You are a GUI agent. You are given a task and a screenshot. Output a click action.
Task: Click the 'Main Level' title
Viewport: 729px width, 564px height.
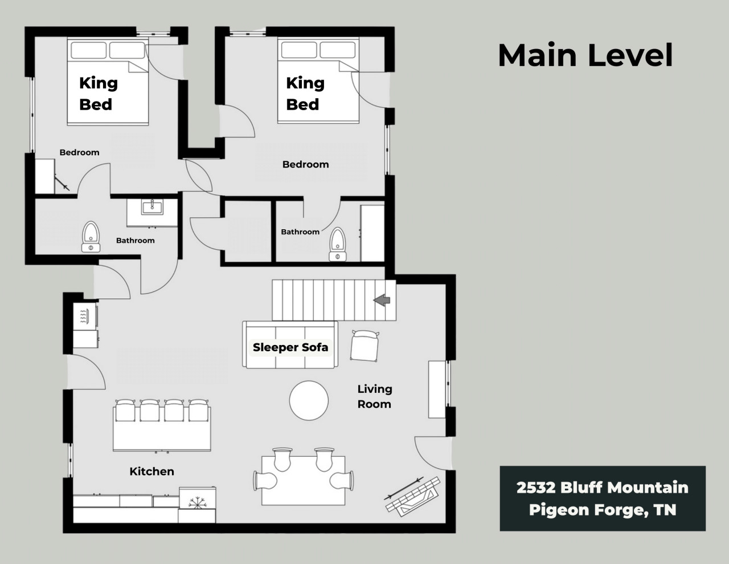pyautogui.click(x=585, y=55)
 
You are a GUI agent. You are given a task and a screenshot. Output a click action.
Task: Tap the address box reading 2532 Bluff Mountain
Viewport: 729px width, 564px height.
pyautogui.click(x=603, y=498)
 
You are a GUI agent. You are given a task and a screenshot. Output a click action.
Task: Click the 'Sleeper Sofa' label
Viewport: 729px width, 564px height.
pyautogui.click(x=290, y=347)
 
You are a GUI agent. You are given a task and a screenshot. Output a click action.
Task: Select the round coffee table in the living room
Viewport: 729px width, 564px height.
pyautogui.click(x=309, y=400)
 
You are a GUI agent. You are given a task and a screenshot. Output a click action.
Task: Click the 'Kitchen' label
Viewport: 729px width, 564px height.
pyautogui.click(x=151, y=471)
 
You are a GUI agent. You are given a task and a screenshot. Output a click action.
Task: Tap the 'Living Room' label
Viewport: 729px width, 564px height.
pyautogui.click(x=374, y=396)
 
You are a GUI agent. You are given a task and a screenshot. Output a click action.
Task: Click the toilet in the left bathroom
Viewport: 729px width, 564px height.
pyautogui.click(x=91, y=237)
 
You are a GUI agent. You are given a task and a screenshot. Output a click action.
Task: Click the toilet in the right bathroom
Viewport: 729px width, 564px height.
pyautogui.click(x=338, y=244)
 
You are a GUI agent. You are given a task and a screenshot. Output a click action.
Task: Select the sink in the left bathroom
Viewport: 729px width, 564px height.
pyautogui.click(x=152, y=206)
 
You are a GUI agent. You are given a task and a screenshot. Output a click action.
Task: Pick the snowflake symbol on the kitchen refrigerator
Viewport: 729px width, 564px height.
pyautogui.click(x=197, y=503)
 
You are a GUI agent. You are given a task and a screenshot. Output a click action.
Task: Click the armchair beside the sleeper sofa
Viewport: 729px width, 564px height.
pyautogui.click(x=364, y=346)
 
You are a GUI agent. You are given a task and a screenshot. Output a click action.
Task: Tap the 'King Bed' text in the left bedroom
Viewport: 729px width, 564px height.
pyautogui.click(x=99, y=94)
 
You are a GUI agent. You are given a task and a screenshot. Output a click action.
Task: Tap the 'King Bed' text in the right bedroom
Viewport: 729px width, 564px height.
pyautogui.click(x=305, y=94)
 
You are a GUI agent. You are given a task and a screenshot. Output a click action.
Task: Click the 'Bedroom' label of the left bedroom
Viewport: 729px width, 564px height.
pyautogui.click(x=80, y=152)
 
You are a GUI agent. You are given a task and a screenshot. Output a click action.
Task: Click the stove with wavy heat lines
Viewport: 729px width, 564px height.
pyautogui.click(x=85, y=317)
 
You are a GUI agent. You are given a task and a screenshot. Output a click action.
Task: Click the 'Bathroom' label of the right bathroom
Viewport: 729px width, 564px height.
pyautogui.click(x=300, y=232)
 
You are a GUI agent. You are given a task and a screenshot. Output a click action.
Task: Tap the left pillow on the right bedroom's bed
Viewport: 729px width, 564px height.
pyautogui.click(x=299, y=50)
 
